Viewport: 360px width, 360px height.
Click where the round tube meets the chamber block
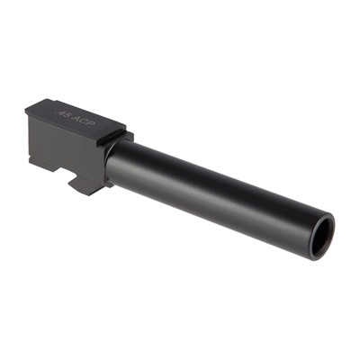[112, 162]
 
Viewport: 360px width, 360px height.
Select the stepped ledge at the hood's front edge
[121, 135]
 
